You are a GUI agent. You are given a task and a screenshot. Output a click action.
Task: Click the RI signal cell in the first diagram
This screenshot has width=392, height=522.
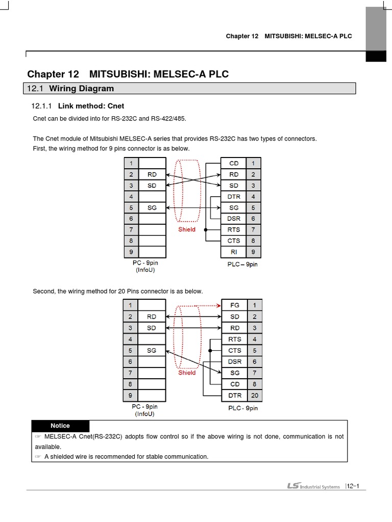pyautogui.click(x=234, y=252)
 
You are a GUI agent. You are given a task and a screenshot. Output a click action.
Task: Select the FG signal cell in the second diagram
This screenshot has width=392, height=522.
pyautogui.click(x=234, y=305)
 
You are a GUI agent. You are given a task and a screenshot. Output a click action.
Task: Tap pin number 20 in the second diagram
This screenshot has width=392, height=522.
pyautogui.click(x=254, y=395)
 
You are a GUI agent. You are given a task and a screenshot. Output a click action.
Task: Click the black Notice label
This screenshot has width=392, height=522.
pyautogui.click(x=60, y=426)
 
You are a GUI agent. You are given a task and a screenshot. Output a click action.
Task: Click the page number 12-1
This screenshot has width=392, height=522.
pyautogui.click(x=353, y=486)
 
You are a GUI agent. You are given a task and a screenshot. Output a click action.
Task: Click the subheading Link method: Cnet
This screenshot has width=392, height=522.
pyautogui.click(x=91, y=106)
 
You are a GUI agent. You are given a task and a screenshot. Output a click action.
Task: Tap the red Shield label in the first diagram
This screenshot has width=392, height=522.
pyautogui.click(x=187, y=229)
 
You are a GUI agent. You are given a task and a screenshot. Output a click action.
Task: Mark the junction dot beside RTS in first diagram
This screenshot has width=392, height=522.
pyautogui.click(x=206, y=230)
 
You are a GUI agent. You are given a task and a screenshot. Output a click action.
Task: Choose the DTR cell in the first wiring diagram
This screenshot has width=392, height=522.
pyautogui.click(x=234, y=197)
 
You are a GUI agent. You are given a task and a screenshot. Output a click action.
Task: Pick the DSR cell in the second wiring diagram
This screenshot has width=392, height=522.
pyautogui.click(x=234, y=361)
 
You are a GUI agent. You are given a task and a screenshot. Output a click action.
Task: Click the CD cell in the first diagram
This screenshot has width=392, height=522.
pyautogui.click(x=234, y=163)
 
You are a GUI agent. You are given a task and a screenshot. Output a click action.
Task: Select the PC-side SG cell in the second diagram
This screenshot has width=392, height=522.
pyautogui.click(x=152, y=350)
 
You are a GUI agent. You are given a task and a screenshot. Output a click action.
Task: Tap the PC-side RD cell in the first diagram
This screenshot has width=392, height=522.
pyautogui.click(x=152, y=174)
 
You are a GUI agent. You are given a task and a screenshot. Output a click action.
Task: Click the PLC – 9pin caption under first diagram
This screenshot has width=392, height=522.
pyautogui.click(x=242, y=265)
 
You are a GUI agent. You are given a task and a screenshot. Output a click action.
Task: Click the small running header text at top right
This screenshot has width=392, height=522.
pyautogui.click(x=289, y=36)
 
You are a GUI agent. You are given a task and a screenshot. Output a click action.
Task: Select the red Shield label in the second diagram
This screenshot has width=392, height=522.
pyautogui.click(x=187, y=373)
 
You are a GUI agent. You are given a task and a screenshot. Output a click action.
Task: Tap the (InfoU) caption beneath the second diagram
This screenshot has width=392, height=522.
pyautogui.click(x=145, y=414)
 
